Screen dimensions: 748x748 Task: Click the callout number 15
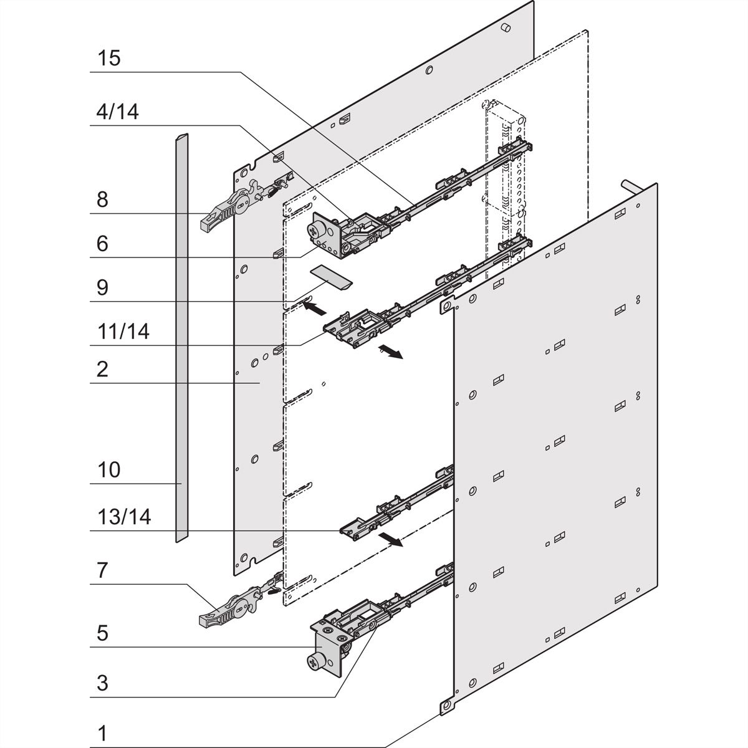108,59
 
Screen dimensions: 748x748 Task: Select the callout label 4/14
118,112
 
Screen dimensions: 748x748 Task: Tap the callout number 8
102,199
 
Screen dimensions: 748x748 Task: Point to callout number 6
102,244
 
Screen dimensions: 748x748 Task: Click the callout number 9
102,287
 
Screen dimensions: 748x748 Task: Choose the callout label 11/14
123,331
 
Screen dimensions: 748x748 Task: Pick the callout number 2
102,369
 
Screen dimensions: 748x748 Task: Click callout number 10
108,469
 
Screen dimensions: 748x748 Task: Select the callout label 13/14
123,517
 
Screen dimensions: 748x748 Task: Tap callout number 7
102,569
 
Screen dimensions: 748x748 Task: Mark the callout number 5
102,633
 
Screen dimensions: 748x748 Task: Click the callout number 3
102,683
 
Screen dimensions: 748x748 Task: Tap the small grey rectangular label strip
332,276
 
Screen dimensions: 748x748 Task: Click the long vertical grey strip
180,337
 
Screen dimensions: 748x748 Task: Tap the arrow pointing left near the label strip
317,306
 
